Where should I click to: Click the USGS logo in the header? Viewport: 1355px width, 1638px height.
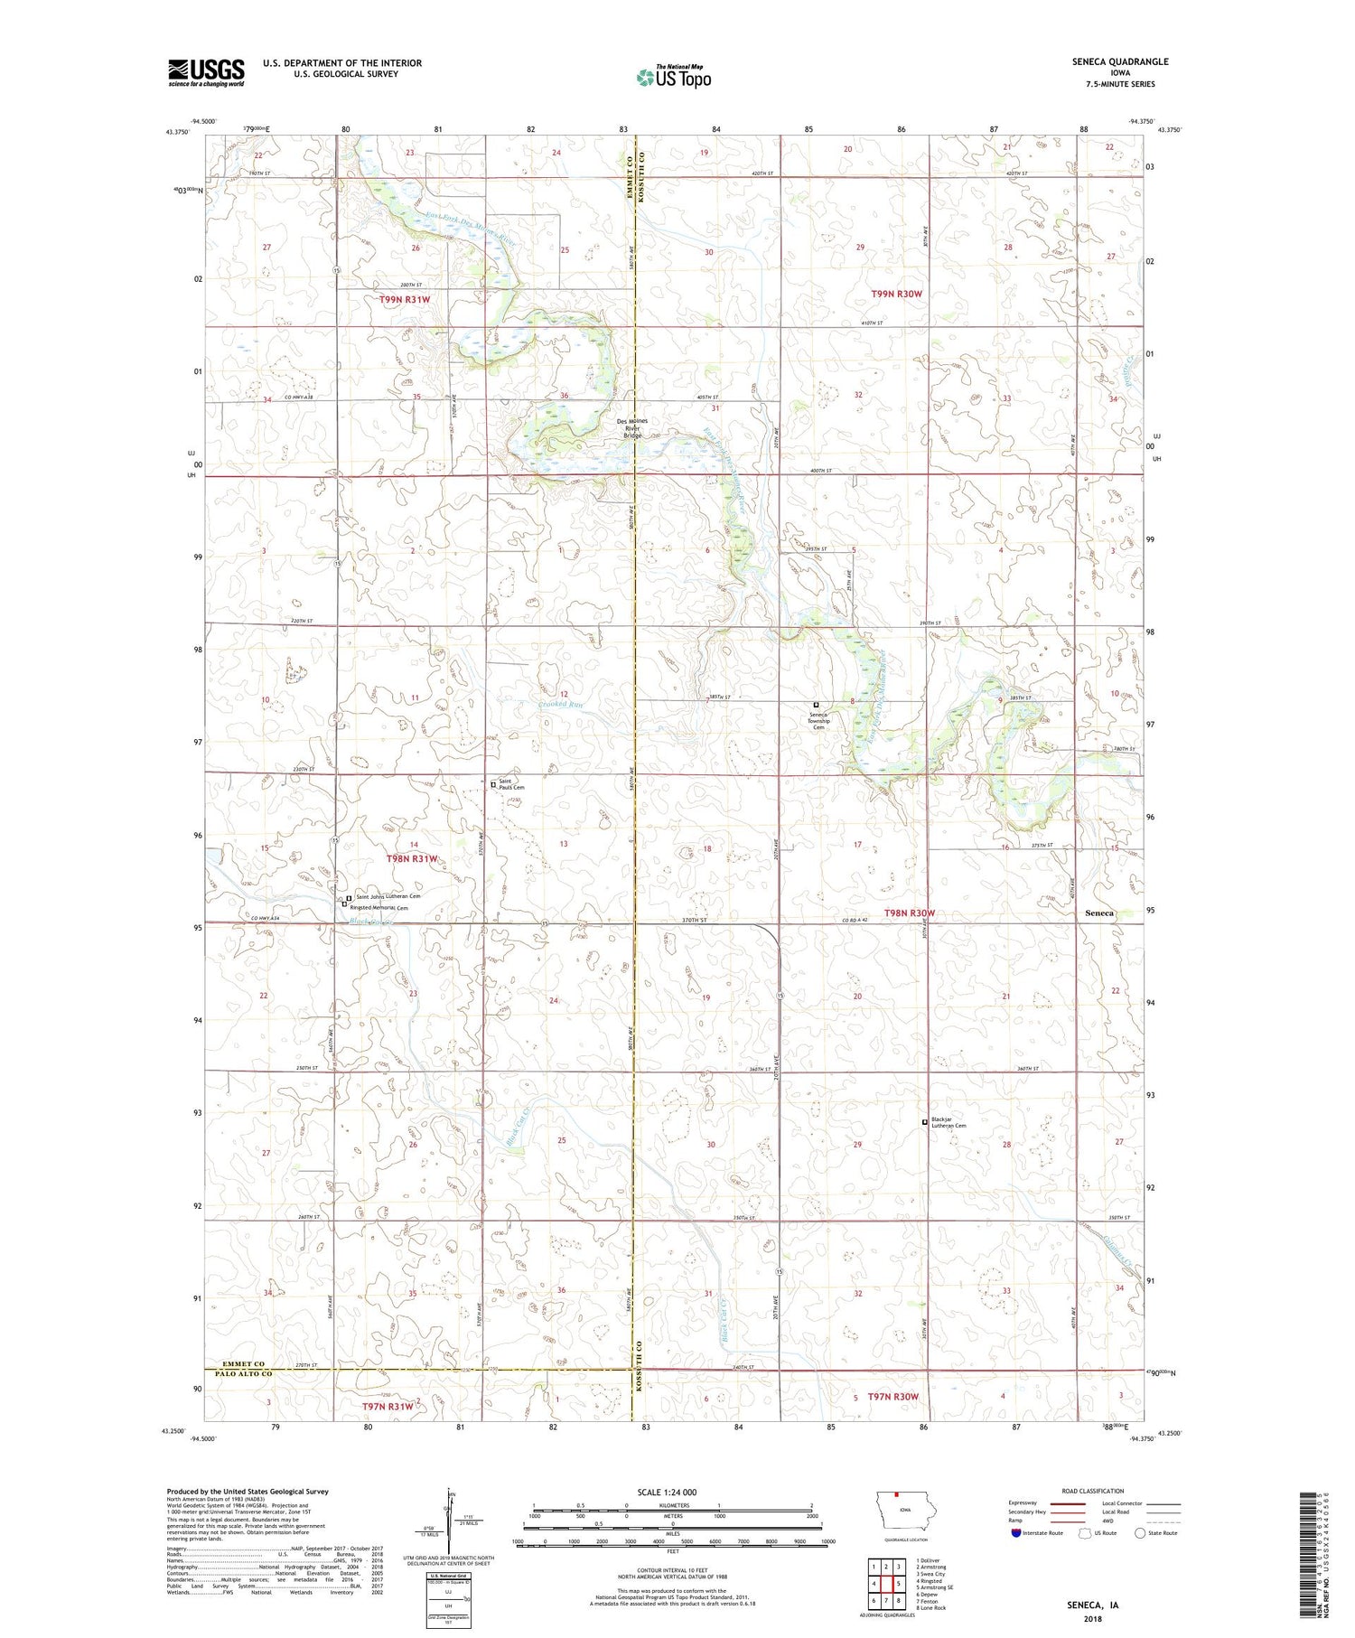tap(206, 72)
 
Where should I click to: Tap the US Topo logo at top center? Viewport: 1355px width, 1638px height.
tap(674, 77)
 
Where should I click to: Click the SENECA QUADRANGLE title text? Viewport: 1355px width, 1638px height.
tap(1120, 61)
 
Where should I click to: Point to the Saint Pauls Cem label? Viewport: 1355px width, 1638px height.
tap(511, 784)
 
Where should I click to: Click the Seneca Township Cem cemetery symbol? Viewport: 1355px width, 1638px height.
tap(816, 705)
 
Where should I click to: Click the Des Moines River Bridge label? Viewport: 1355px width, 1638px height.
tap(632, 428)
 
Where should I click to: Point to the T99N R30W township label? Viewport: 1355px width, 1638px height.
tap(896, 294)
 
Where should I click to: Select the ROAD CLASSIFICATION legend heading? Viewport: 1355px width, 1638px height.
tap(1093, 1492)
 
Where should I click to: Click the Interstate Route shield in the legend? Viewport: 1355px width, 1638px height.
tap(1018, 1533)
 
